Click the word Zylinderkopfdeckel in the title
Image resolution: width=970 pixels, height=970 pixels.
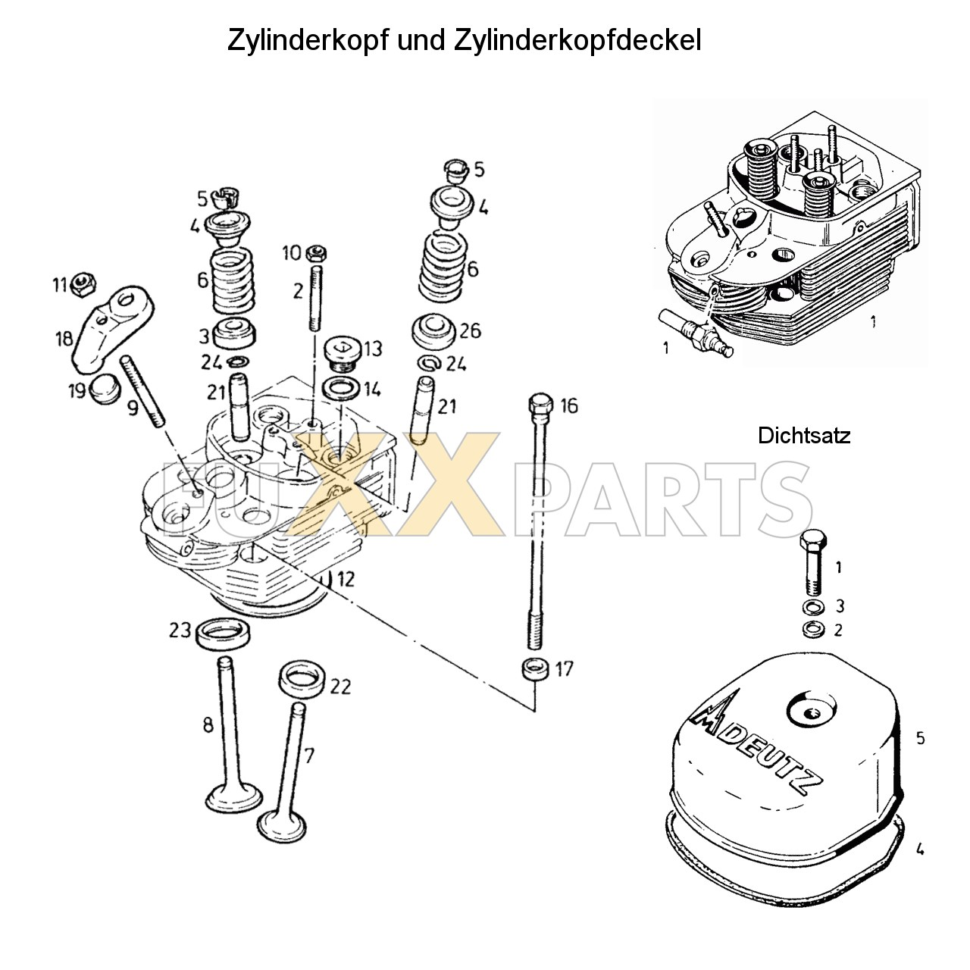point(577,41)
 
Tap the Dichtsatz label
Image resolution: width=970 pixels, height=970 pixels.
point(804,436)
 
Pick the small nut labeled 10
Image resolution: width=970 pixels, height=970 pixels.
point(318,252)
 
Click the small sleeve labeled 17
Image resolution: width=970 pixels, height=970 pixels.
point(535,670)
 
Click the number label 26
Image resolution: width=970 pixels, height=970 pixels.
point(470,331)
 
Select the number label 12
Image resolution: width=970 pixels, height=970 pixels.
point(345,580)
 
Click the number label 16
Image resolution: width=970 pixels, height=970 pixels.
point(568,405)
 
